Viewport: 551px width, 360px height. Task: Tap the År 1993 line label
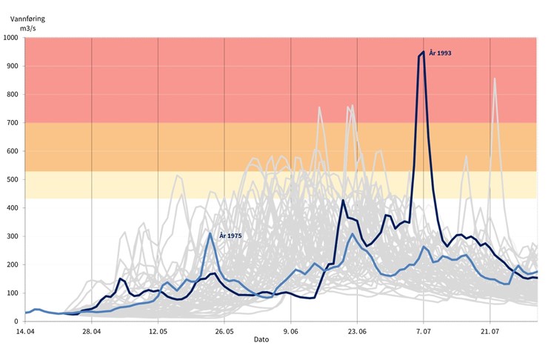(440, 53)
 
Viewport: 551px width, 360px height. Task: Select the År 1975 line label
(230, 236)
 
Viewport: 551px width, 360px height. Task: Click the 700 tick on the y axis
(12, 123)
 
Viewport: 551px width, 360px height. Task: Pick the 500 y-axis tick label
(12, 180)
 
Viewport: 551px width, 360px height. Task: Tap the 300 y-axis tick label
(12, 236)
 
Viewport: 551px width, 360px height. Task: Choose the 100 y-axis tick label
(12, 293)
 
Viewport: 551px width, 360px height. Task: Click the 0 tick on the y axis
(16, 321)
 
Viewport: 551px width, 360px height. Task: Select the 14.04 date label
(25, 330)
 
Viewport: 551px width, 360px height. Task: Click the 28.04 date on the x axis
(91, 330)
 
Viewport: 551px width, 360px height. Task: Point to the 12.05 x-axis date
(158, 330)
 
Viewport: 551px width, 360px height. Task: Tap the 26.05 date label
(224, 330)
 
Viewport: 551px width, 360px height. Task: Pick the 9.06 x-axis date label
(291, 330)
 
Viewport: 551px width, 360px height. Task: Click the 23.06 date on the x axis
(357, 330)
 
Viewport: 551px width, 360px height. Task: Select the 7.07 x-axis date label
(424, 330)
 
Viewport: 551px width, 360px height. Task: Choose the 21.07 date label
(490, 330)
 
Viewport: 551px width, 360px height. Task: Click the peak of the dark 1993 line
(423, 52)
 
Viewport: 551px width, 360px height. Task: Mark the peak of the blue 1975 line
(210, 233)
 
